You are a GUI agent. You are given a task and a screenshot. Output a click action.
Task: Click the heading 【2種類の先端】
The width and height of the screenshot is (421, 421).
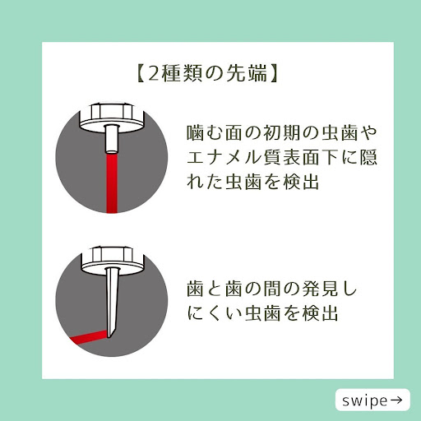(207, 73)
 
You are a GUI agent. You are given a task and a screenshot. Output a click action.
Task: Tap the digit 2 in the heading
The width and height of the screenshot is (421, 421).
(154, 74)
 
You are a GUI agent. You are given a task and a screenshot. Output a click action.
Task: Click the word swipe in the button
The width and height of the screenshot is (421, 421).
(364, 401)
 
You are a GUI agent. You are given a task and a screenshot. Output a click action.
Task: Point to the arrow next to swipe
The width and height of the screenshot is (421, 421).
(396, 400)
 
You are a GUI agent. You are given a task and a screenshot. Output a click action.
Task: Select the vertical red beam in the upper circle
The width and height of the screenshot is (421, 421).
(112, 183)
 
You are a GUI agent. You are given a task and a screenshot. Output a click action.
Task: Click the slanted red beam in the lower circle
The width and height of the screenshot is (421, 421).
(89, 338)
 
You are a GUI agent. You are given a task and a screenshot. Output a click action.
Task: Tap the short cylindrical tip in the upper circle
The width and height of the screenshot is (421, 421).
(112, 139)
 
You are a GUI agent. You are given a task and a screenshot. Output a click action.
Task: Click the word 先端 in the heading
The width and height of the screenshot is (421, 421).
(248, 73)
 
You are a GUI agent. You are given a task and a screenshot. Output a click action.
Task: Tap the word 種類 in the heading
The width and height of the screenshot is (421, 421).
(181, 73)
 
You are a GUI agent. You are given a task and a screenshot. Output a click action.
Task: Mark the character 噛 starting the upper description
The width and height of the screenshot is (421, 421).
(195, 133)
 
